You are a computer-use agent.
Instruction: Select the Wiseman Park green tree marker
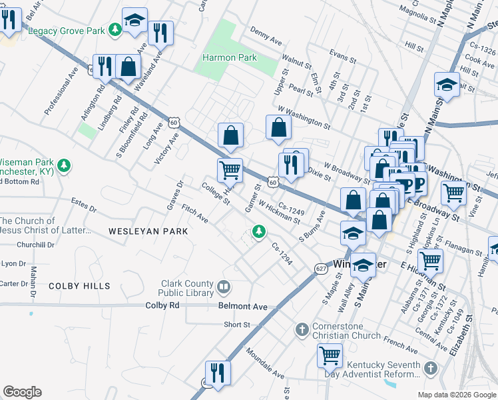click(x=64, y=165)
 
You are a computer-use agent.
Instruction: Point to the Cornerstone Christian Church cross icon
click(x=302, y=329)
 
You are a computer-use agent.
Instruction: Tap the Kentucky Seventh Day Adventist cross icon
click(x=430, y=367)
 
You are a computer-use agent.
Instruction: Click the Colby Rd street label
click(x=164, y=305)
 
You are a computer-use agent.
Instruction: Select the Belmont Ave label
click(x=242, y=307)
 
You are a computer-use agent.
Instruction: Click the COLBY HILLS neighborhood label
click(x=79, y=286)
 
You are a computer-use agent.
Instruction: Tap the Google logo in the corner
click(x=22, y=392)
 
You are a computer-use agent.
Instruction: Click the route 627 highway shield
click(x=320, y=267)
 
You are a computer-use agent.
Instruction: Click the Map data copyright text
click(x=456, y=395)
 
